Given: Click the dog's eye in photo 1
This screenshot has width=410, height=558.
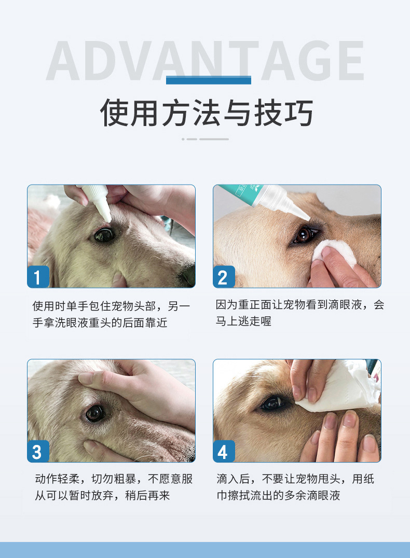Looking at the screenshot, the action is point(104,235).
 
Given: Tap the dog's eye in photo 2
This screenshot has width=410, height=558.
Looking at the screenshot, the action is point(304,235).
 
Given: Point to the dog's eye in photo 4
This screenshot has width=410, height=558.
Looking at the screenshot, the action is point(272,403).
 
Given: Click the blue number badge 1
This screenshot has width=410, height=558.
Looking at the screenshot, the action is point(38,276).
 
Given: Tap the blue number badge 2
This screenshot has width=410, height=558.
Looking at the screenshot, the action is point(224,276).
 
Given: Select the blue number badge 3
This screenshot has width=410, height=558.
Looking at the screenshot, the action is point(38,451).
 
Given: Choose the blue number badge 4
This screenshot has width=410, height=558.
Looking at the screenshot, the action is point(224,451).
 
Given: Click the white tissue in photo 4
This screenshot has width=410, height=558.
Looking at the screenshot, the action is point(340,386).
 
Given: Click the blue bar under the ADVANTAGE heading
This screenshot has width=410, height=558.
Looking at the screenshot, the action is point(209,80).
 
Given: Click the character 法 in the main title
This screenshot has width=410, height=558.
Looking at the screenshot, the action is point(208,113).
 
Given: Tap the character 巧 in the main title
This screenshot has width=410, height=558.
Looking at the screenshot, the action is point(298,113).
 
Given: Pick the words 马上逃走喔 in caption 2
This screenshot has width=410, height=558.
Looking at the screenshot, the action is point(243,321).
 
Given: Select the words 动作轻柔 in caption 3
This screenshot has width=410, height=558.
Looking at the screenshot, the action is point(57,479).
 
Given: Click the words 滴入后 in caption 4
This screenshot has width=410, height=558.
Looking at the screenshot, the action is point(234,479).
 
